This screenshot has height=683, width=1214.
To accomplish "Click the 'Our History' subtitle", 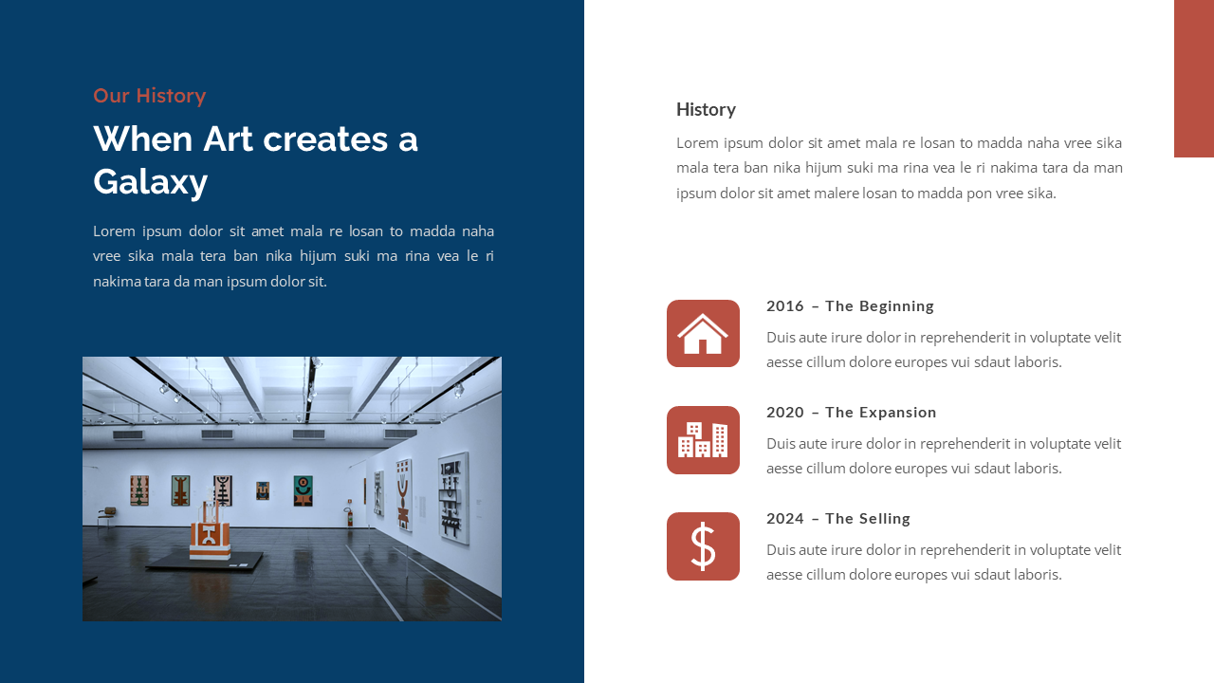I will point(149,96).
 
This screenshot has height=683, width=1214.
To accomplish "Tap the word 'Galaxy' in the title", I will point(150,180).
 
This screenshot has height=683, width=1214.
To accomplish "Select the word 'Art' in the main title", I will point(228,138).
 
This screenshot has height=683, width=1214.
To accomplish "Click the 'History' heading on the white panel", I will point(706,109).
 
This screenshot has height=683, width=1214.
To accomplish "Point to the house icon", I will point(703,334).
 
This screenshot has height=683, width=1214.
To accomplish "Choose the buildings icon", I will point(703,440).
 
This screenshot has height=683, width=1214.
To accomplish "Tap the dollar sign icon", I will point(703,546).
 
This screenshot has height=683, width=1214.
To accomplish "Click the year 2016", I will point(784,305).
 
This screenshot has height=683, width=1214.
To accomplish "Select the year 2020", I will point(784,412).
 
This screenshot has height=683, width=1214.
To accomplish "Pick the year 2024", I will point(784,518).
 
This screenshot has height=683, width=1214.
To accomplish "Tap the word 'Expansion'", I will point(898,412).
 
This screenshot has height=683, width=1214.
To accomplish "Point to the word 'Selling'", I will point(885,518).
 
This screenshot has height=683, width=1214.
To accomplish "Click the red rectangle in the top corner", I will point(1193,78).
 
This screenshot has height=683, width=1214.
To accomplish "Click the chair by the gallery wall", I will point(107,515).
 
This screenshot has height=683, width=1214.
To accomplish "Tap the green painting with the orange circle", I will point(303,490).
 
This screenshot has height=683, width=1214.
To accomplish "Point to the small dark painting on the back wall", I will point(263,490).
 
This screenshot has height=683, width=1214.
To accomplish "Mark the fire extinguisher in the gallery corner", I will point(348,517).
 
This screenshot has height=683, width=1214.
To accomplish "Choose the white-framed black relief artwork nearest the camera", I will point(453,497).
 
